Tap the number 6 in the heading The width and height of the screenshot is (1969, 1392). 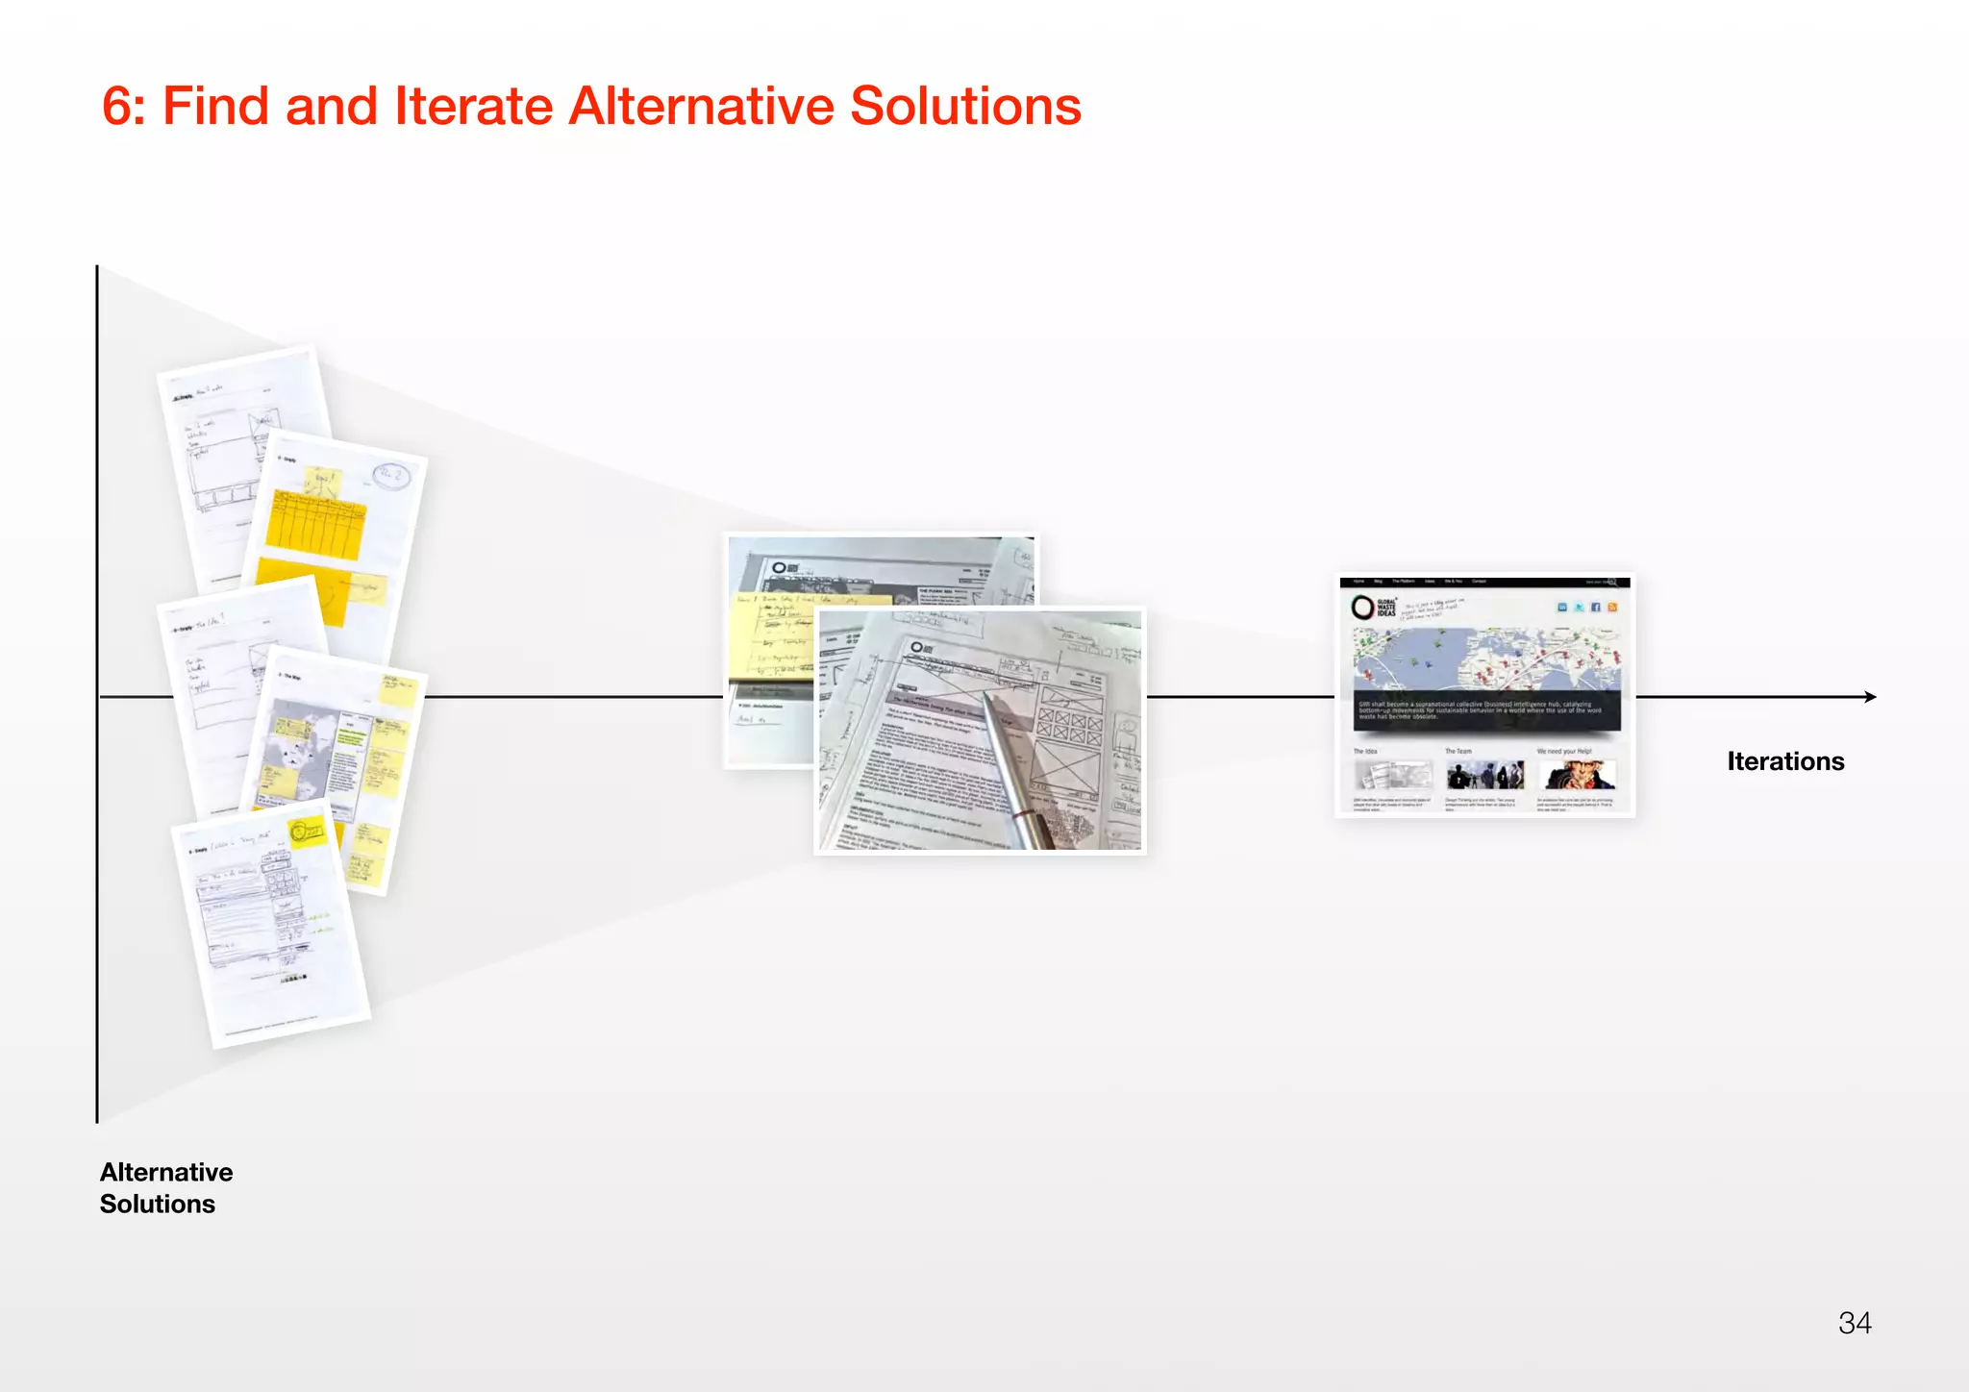point(116,106)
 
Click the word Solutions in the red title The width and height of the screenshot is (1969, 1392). point(965,106)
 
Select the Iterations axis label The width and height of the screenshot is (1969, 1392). point(1785,761)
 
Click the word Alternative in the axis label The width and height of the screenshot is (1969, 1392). point(166,1172)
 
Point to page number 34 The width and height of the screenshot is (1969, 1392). point(1855,1323)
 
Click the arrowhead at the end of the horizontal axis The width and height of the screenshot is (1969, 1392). point(1870,697)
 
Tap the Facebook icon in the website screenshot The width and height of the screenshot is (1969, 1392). point(1596,607)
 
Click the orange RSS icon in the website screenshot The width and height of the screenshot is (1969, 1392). point(1612,607)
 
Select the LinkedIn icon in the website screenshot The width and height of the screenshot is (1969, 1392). point(1563,607)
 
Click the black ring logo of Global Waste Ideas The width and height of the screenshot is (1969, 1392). point(1361,607)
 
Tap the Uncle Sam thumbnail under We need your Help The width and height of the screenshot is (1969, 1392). point(1578,774)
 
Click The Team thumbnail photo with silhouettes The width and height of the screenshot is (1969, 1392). point(1485,774)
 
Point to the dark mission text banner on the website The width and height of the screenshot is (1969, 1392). point(1486,709)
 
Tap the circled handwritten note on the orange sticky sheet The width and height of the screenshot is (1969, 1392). point(390,476)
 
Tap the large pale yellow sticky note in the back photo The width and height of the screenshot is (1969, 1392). point(769,639)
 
